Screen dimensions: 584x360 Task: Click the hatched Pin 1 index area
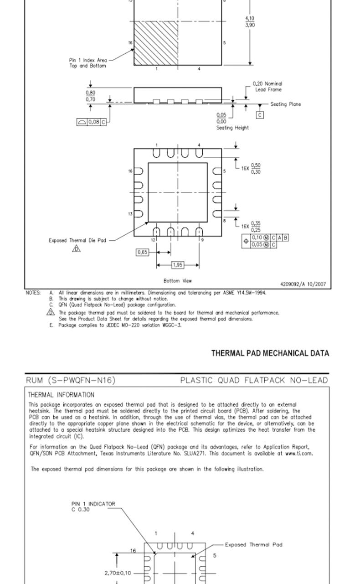(x=155, y=43)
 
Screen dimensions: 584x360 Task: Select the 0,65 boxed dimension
(x=142, y=252)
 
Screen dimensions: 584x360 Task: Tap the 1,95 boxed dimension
(x=178, y=265)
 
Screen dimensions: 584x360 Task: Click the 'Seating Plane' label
(x=285, y=104)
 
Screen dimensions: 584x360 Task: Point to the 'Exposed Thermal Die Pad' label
(x=77, y=240)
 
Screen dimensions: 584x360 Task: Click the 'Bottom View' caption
(x=178, y=281)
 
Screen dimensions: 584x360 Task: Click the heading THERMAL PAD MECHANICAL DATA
(x=270, y=353)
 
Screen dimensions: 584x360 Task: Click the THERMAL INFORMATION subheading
(x=61, y=395)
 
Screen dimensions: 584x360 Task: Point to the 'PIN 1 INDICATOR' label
(x=93, y=504)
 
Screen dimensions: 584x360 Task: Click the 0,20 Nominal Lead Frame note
(x=267, y=87)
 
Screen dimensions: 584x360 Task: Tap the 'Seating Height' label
(x=232, y=128)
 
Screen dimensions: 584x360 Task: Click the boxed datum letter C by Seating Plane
(x=260, y=115)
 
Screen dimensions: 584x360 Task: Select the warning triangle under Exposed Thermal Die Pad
(x=77, y=249)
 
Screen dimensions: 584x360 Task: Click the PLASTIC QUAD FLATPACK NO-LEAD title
(x=254, y=380)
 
